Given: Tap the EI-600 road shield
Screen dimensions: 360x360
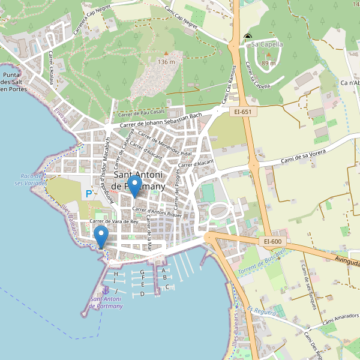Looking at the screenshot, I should point(272,241).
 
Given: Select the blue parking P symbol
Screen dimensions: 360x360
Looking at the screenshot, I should point(89,194).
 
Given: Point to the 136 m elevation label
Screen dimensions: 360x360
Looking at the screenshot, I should point(166,62).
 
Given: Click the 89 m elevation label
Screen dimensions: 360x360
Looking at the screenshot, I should point(269,63).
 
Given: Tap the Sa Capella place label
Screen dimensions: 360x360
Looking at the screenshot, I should point(266,44).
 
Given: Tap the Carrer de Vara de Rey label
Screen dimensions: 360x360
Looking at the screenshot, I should point(114,221).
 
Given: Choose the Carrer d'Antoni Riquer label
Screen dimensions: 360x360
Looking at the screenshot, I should point(157,212).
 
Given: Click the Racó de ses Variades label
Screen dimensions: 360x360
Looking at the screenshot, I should point(29,180).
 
